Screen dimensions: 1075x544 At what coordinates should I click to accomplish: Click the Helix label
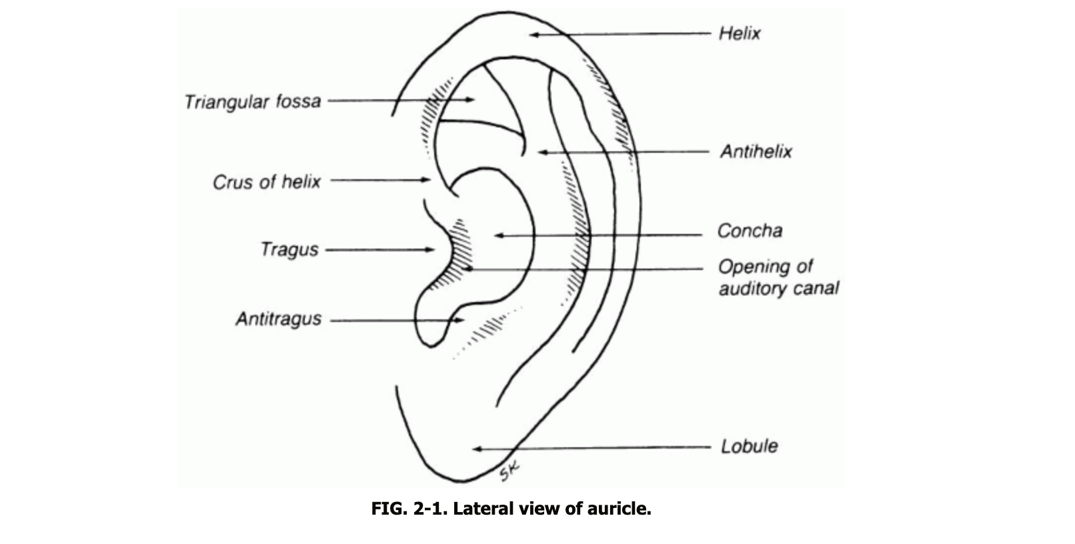(740, 33)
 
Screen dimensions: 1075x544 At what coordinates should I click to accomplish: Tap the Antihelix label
(756, 152)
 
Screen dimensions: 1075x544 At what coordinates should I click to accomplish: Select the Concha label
(750, 231)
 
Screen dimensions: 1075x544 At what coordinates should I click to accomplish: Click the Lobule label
(749, 446)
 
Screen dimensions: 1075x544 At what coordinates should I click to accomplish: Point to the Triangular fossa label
(253, 102)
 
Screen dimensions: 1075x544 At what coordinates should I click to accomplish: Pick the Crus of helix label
(267, 182)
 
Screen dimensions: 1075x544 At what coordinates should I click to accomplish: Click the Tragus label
(289, 250)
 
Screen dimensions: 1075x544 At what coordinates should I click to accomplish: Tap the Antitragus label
(278, 319)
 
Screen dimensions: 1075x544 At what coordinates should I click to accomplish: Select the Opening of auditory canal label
(778, 277)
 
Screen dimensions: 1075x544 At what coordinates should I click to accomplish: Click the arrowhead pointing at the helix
(533, 34)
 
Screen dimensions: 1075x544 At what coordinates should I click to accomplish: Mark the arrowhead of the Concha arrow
(497, 235)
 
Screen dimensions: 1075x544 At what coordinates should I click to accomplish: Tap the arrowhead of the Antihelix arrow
(542, 153)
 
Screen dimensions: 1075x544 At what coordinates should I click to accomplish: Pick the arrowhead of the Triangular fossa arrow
(471, 100)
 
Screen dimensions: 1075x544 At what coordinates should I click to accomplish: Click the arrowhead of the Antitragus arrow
(459, 320)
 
